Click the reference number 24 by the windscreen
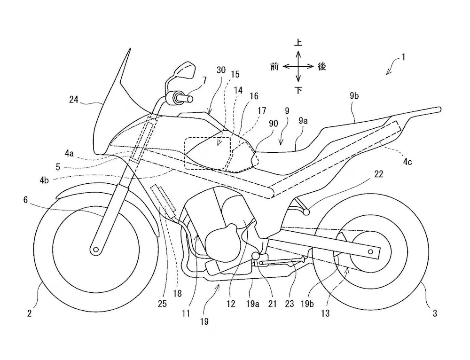tap(73, 99)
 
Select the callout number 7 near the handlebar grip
tap(204, 81)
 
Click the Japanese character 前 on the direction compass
tap(274, 66)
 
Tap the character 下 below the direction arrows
tap(298, 90)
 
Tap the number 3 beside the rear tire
tap(435, 313)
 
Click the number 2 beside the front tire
tap(29, 313)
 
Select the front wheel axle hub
tap(95, 249)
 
